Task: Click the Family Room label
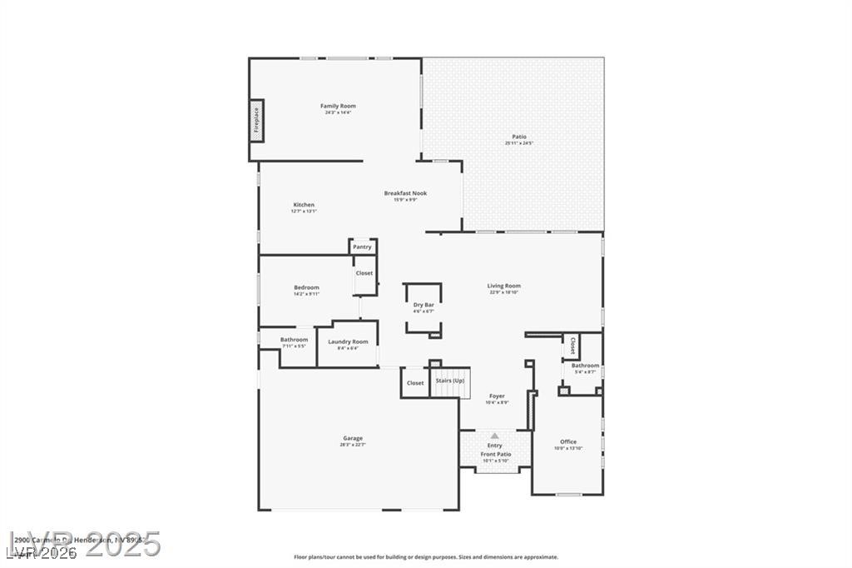tap(338, 106)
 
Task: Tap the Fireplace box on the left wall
tap(256, 121)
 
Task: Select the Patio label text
tap(518, 137)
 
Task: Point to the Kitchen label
tap(304, 205)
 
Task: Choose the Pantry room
tap(362, 247)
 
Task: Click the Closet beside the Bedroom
tap(364, 273)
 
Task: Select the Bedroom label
tap(306, 287)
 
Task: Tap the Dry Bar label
tap(424, 305)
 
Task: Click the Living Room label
tap(503, 286)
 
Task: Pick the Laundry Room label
tap(348, 341)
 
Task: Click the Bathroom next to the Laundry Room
tap(294, 340)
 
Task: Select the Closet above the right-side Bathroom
tap(572, 345)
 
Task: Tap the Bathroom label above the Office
tap(585, 366)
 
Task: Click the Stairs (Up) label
tap(450, 381)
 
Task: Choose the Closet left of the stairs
tap(415, 383)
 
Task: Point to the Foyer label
tap(497, 396)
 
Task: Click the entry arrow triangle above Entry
tap(495, 435)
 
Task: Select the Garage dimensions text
tap(353, 445)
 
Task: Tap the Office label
tap(568, 441)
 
